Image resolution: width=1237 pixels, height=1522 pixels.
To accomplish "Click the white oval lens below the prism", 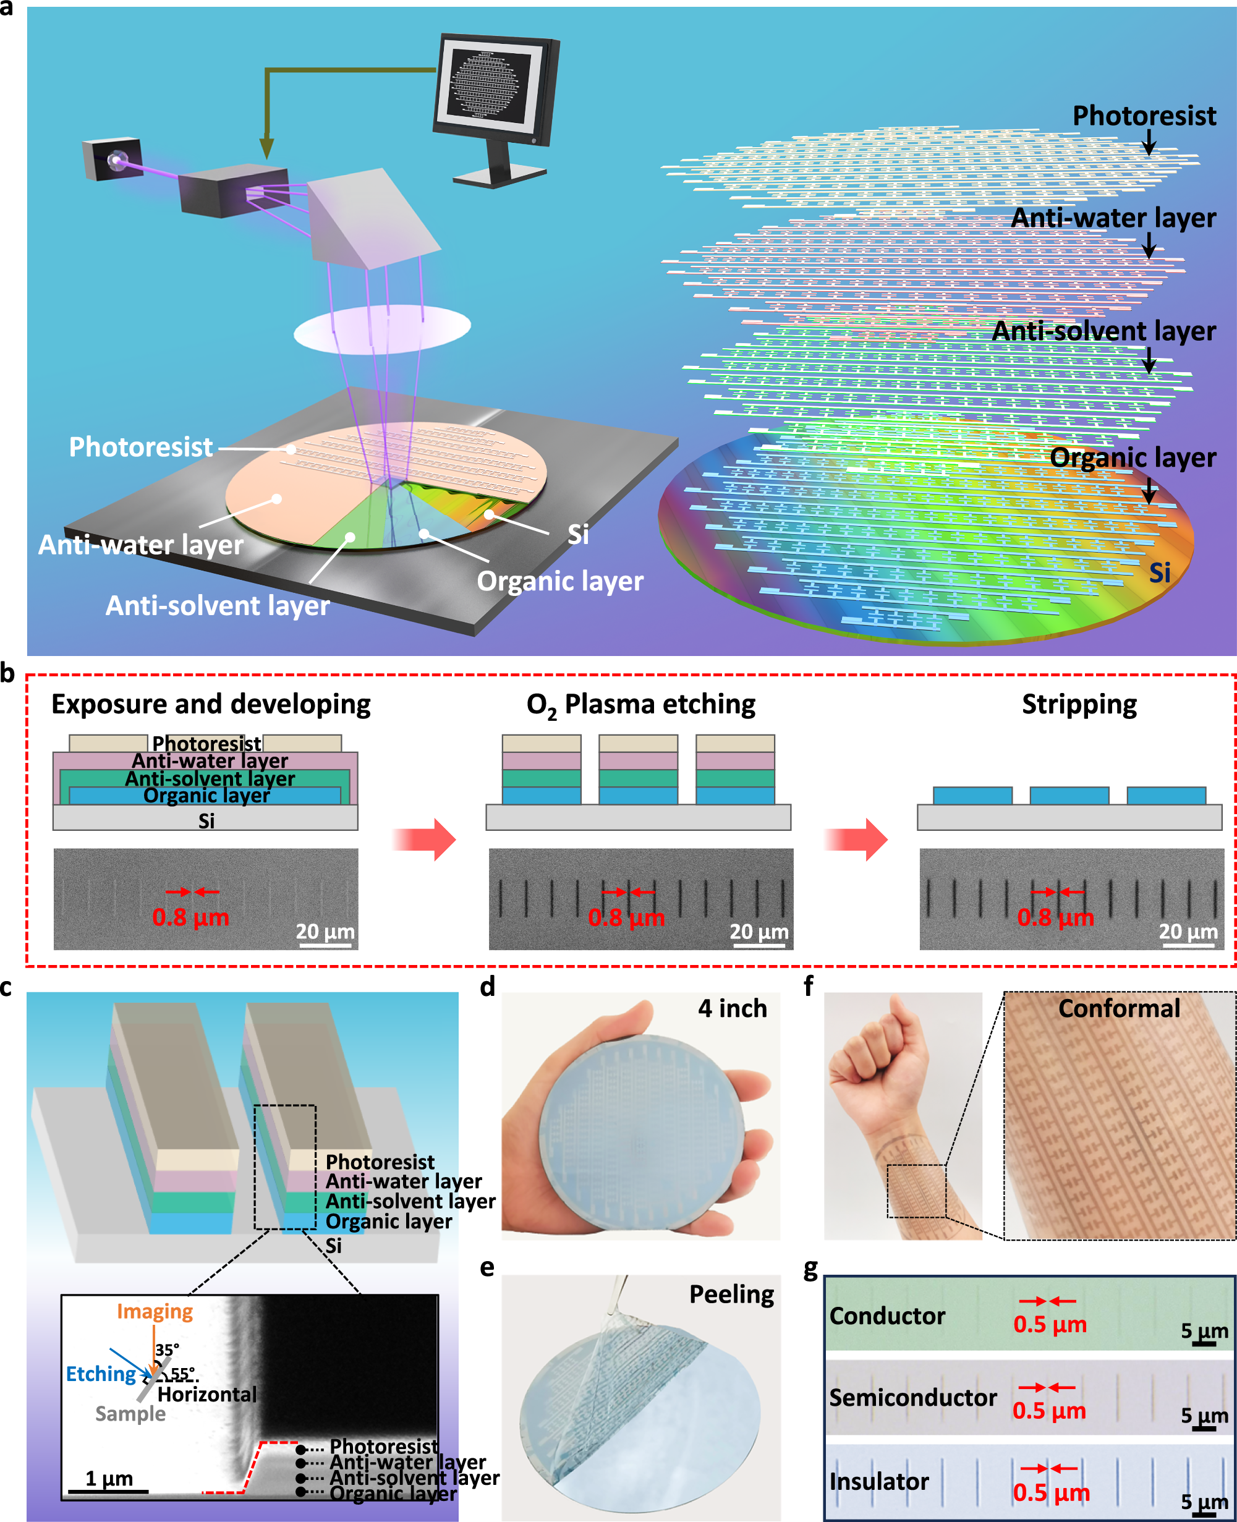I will [382, 328].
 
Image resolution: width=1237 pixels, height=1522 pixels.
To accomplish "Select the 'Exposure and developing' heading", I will [211, 704].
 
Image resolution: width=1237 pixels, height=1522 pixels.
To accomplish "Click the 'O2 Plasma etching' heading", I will [640, 705].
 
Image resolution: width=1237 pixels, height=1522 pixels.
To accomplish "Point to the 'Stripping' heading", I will [1079, 704].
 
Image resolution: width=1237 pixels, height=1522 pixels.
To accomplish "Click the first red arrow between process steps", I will [425, 840].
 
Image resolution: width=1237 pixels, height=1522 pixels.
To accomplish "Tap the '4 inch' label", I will [732, 1008].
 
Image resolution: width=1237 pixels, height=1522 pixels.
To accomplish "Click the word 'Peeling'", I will [731, 1294].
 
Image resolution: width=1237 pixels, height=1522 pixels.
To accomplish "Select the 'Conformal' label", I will [1119, 1008].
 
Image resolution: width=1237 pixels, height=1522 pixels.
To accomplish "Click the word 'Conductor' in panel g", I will [887, 1316].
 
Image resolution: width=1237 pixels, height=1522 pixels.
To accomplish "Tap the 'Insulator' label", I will [878, 1481].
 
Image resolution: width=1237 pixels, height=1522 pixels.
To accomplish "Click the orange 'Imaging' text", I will [155, 1311].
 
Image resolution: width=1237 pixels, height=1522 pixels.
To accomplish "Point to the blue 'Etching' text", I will [101, 1374].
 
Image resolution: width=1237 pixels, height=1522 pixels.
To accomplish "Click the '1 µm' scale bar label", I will [109, 1479].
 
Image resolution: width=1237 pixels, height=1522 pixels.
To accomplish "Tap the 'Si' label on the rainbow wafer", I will [1159, 572].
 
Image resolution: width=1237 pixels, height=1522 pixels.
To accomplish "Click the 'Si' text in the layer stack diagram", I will [206, 821].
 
